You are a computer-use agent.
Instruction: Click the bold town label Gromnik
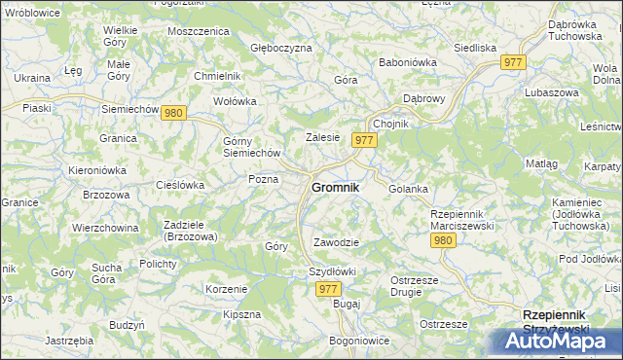coord(335,187)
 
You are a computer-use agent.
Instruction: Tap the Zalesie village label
coord(322,138)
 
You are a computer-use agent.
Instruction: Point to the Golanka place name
coord(408,189)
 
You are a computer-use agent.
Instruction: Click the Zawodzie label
coord(337,242)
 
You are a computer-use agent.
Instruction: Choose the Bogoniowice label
coord(359,342)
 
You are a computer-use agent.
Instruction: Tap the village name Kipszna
coord(241,314)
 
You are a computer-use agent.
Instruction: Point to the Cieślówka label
coord(180,184)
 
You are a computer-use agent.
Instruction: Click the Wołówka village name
coord(235,100)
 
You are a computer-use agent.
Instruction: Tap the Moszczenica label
coord(198,31)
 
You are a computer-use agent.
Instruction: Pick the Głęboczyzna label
coord(281,47)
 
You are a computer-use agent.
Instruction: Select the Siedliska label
coord(475,47)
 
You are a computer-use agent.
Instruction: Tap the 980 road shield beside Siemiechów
coord(174,113)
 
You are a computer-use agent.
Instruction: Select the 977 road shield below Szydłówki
coord(328,289)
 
